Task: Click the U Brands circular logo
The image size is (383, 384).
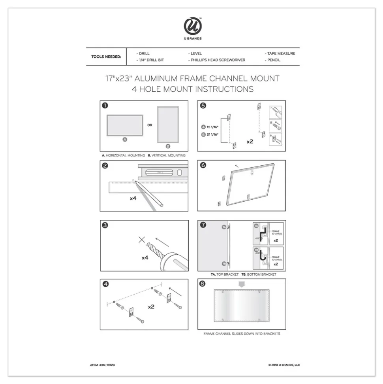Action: (x=192, y=26)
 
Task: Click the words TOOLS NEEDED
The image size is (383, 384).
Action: (x=106, y=57)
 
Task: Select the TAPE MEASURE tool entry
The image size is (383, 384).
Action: (x=281, y=53)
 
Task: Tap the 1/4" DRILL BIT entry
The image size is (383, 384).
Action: (x=151, y=60)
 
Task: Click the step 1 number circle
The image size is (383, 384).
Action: (x=105, y=106)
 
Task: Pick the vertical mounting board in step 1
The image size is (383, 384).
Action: (x=168, y=124)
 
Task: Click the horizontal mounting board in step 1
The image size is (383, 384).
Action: (x=125, y=125)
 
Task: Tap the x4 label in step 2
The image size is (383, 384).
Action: (x=133, y=198)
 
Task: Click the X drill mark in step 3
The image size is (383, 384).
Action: (x=142, y=240)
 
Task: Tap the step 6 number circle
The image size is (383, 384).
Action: (x=203, y=166)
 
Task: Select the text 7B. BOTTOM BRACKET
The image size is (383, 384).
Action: (x=259, y=274)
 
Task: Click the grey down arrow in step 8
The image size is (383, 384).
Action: (x=241, y=284)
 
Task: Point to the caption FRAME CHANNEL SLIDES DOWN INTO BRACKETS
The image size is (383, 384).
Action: (x=242, y=334)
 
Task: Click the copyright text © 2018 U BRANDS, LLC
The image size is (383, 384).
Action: (x=284, y=365)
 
